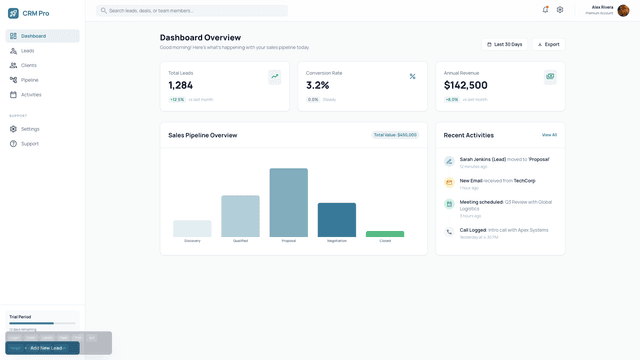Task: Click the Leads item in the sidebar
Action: pos(28,50)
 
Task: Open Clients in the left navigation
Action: pos(29,65)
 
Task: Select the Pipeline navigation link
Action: pos(30,80)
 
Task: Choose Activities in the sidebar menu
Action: pos(31,95)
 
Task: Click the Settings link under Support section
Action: pos(30,129)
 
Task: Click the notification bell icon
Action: pos(545,10)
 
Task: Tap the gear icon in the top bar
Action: pos(560,10)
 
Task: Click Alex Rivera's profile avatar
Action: pos(623,10)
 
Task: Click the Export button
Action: pos(548,44)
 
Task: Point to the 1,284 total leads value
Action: pos(181,86)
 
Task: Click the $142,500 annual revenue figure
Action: pos(466,86)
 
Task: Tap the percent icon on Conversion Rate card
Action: pos(412,76)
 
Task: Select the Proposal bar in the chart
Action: pos(288,202)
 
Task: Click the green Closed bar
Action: pos(385,234)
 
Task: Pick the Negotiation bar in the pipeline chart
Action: pos(337,220)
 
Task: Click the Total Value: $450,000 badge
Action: pos(395,135)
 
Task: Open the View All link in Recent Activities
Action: pos(549,135)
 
